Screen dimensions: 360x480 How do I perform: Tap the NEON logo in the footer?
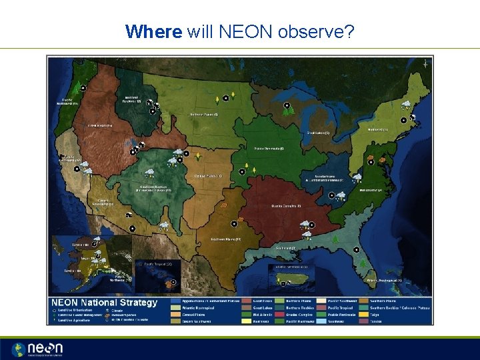pos(37,349)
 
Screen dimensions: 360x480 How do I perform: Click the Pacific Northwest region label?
pos(66,102)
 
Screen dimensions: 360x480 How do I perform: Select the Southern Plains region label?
pos(225,239)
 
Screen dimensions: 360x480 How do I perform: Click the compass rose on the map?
pos(425,64)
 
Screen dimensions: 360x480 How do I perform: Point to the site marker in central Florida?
pos(357,249)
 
